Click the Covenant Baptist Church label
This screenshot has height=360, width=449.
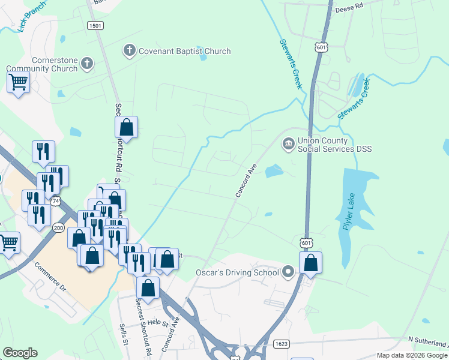click(x=184, y=51)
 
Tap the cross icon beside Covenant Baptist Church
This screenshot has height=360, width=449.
click(x=129, y=50)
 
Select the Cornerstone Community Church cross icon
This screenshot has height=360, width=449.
click(x=87, y=62)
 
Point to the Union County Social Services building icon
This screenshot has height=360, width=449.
click(x=288, y=143)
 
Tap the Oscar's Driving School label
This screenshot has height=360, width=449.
click(x=238, y=272)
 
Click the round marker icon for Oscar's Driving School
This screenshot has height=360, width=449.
click(x=288, y=272)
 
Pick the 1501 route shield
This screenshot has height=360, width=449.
click(x=95, y=25)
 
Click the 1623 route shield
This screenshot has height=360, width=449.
click(x=281, y=344)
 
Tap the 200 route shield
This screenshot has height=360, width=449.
click(x=58, y=227)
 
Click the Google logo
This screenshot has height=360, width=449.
click(x=20, y=353)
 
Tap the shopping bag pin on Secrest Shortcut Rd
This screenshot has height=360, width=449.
click(x=126, y=128)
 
